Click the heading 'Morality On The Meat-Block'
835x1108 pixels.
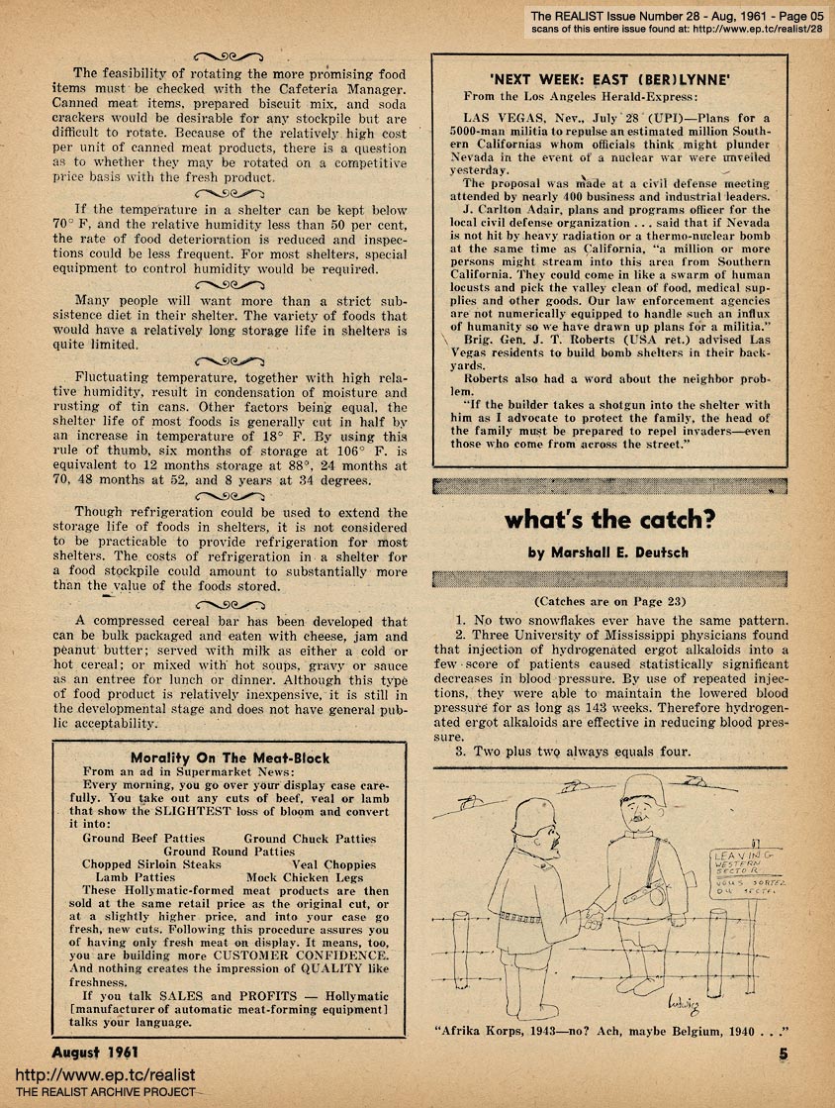point(230,757)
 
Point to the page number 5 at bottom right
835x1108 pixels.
point(783,1055)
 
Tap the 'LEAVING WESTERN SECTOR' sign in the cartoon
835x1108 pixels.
point(743,863)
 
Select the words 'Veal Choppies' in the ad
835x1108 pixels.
point(333,863)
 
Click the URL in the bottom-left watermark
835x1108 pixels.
point(86,1074)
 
